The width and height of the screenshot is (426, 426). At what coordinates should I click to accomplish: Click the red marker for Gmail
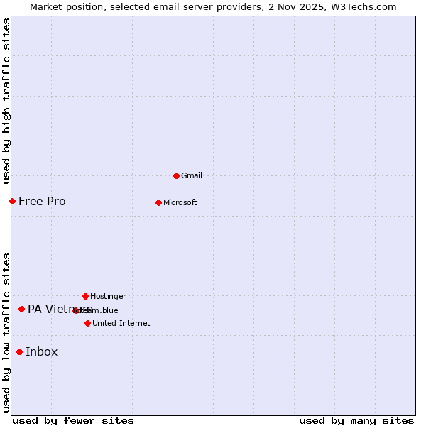pos(176,175)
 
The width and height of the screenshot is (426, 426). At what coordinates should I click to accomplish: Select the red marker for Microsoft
pos(158,202)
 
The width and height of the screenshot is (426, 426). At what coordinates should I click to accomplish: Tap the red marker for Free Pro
pos(12,201)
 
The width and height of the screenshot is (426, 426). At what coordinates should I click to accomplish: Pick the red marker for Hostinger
pos(85,296)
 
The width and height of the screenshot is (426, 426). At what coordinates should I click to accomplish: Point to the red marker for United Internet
pos(87,323)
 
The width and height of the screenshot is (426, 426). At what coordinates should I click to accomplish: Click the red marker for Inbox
pos(19,351)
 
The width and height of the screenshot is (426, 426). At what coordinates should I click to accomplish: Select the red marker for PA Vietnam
pos(21,309)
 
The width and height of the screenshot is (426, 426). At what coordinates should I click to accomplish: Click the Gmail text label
pos(192,175)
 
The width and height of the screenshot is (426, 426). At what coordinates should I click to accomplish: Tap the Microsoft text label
pos(180,202)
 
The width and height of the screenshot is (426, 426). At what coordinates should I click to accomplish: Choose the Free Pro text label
pos(42,201)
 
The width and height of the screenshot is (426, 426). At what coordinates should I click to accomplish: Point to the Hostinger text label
pos(108,296)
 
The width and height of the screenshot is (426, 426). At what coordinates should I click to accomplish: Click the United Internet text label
pos(121,323)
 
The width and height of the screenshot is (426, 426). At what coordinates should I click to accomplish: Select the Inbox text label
pos(41,351)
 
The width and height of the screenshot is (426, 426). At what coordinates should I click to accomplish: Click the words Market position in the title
pos(65,6)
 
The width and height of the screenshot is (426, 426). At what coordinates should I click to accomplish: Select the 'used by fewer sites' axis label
pos(73,420)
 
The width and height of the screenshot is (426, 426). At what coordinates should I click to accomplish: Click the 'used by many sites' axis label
pos(356,420)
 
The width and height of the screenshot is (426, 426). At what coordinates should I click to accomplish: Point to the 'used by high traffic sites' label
pos(6,101)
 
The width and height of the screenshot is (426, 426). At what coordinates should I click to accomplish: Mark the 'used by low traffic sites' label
pos(6,332)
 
